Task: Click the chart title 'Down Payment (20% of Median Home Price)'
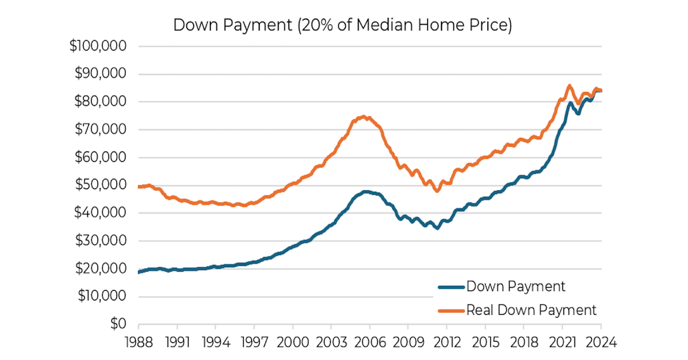[x=342, y=26]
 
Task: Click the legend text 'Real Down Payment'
[x=531, y=310]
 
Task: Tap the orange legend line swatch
[x=451, y=310]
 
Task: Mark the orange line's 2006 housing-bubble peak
[x=362, y=117]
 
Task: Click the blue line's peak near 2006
[x=365, y=192]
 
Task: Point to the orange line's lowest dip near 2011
[x=437, y=190]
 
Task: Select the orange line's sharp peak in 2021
[x=569, y=87]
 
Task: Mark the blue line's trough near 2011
[x=437, y=228]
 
